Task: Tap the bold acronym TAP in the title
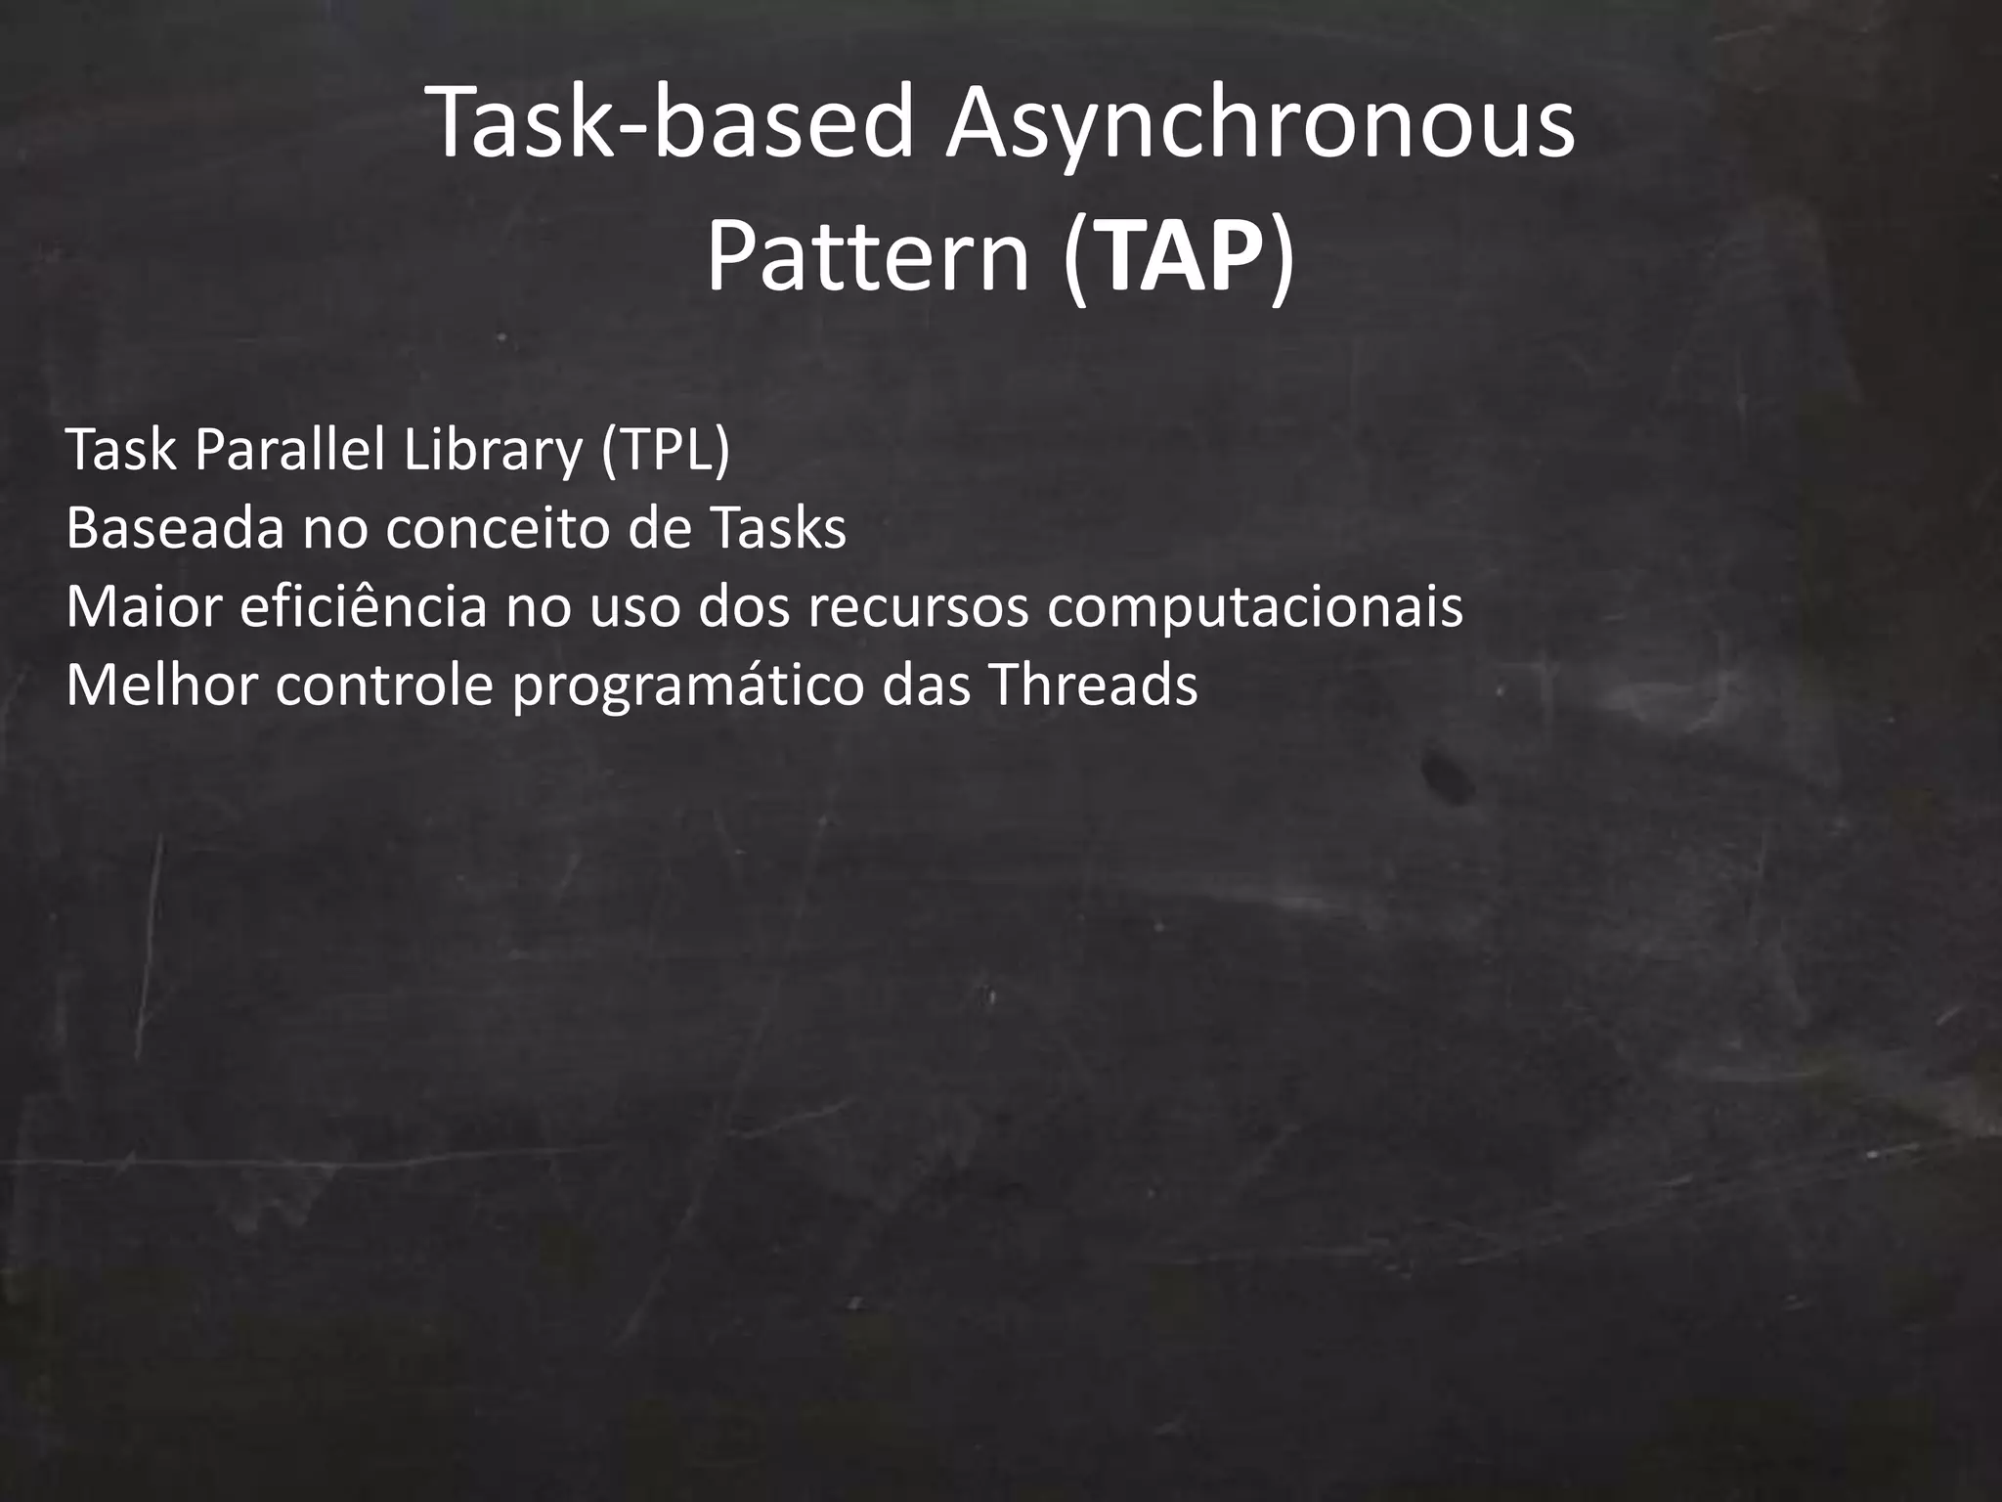click(1178, 257)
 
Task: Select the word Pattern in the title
click(868, 257)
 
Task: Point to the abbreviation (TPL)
click(666, 451)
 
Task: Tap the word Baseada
click(174, 529)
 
